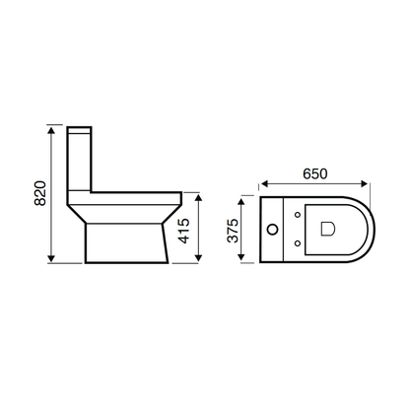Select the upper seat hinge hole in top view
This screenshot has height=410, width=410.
[297, 216]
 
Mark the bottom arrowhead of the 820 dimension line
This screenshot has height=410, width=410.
[50, 262]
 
